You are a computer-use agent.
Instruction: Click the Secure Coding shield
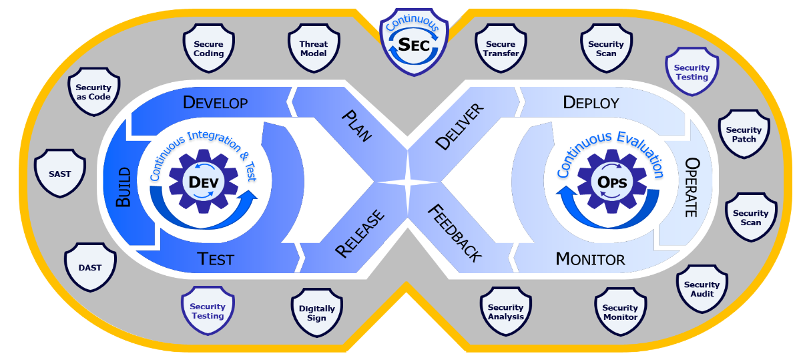click(209, 49)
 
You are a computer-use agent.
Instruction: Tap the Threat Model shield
click(313, 49)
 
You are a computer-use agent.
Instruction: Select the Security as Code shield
click(93, 92)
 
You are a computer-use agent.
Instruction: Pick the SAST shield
click(59, 174)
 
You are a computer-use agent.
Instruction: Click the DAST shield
click(90, 267)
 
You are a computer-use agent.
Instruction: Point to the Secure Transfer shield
click(501, 49)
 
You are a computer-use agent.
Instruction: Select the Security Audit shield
click(702, 289)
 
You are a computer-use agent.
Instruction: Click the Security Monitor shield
click(620, 313)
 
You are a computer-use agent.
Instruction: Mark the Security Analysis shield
click(506, 312)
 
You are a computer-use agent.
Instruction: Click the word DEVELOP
click(216, 103)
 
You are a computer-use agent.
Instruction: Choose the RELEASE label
click(360, 233)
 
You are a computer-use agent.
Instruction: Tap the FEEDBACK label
click(454, 232)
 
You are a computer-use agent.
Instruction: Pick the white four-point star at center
click(407, 181)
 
